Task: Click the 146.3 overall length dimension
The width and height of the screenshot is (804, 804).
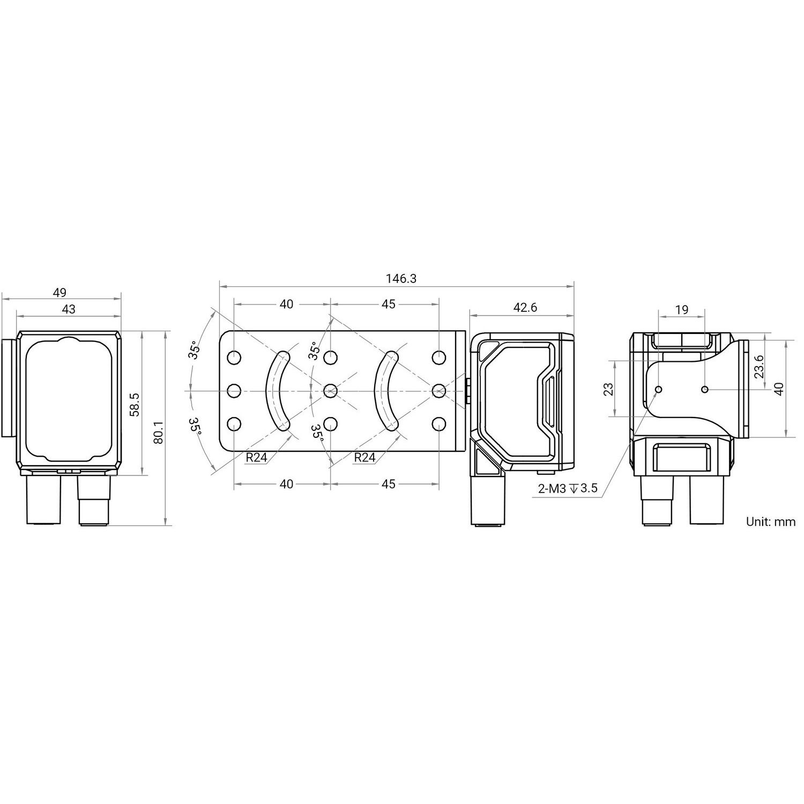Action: click(x=401, y=278)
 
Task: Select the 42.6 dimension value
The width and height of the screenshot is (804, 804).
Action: click(x=525, y=307)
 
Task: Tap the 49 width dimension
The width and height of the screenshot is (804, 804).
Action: click(x=59, y=292)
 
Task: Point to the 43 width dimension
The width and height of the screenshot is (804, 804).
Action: click(x=69, y=309)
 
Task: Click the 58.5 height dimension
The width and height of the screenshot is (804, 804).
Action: click(x=135, y=404)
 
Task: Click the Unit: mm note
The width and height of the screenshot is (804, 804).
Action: click(x=771, y=522)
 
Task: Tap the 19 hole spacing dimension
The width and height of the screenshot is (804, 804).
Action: click(x=682, y=309)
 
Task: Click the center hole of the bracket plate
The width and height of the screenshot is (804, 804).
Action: click(x=330, y=391)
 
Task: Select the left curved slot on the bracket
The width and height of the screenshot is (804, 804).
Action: click(x=278, y=391)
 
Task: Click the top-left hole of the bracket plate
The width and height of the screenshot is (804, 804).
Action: click(x=234, y=357)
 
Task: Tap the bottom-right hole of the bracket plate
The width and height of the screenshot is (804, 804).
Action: click(x=439, y=424)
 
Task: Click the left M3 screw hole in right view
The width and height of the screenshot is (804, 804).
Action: click(x=659, y=389)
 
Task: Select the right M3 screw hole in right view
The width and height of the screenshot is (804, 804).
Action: click(x=705, y=389)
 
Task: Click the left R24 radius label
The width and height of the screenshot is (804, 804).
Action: click(x=256, y=457)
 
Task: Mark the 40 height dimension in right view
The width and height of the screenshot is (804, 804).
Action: click(x=779, y=388)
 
